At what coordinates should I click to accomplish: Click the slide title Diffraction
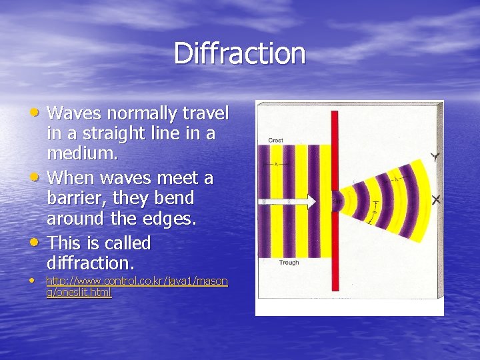click(x=239, y=53)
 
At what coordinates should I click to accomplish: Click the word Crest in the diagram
click(x=276, y=140)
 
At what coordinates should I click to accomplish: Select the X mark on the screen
click(x=436, y=199)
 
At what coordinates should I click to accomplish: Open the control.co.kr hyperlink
click(x=136, y=287)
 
